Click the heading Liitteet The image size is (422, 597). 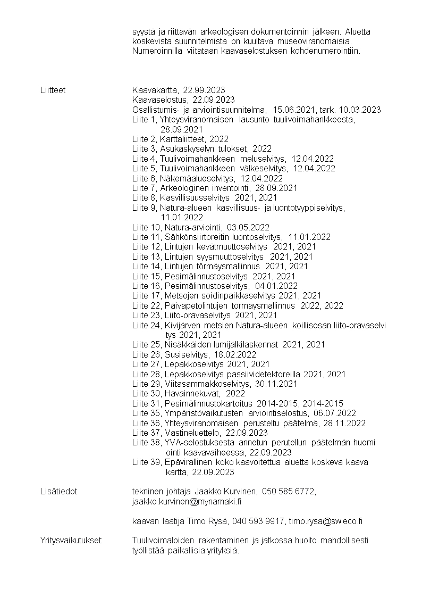pos(53,90)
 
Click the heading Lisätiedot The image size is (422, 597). pos(58,491)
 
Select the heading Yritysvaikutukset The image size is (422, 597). pos(72,541)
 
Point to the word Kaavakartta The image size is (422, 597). pos(155,90)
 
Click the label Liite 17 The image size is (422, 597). pos(144,296)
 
